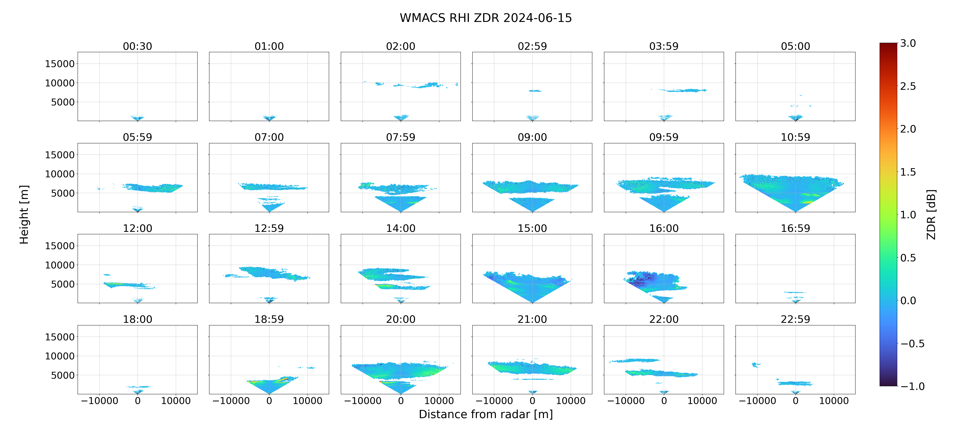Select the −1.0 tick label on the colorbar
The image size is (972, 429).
[912, 386]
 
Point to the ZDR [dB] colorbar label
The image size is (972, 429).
[931, 214]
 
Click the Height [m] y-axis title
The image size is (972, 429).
[24, 214]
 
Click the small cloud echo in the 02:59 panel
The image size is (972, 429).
[535, 91]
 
